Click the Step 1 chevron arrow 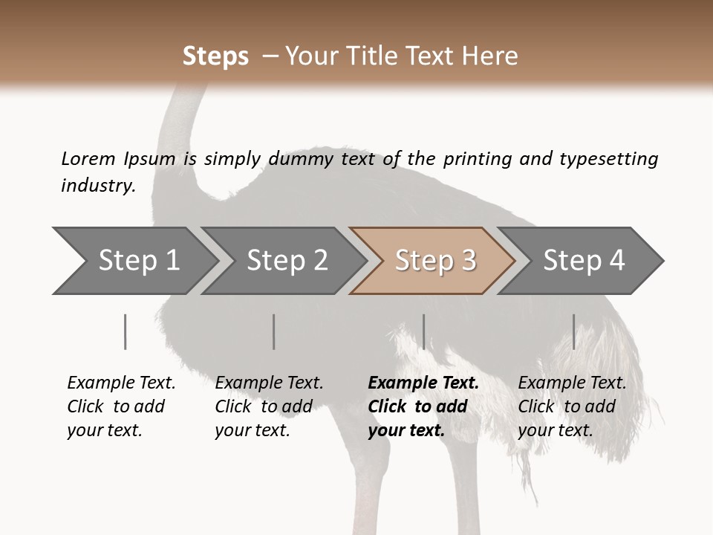point(134,261)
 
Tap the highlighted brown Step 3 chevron point(434,261)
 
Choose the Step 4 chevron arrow point(583,261)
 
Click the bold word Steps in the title point(215,56)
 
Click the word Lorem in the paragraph point(88,158)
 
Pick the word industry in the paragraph point(98,185)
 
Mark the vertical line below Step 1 point(126,331)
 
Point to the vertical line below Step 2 point(274,331)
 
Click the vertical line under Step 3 point(423,331)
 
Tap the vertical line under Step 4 point(573,331)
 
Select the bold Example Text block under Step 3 point(423,406)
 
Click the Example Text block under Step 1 point(121,406)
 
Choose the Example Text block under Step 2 point(269,406)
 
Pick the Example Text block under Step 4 point(572,406)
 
